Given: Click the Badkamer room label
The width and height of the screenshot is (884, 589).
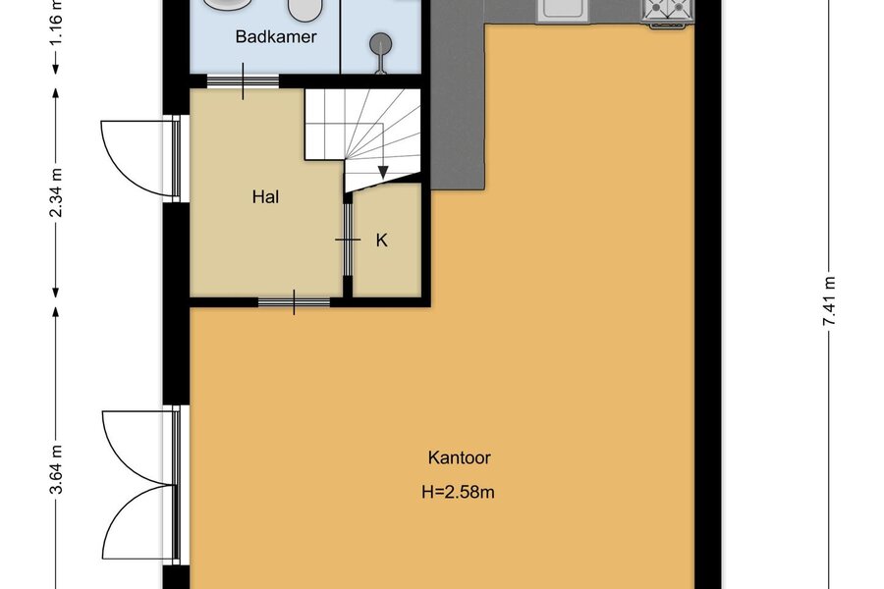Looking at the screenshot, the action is pyautogui.click(x=276, y=37).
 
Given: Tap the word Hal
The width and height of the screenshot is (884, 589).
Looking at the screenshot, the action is pyautogui.click(x=265, y=197).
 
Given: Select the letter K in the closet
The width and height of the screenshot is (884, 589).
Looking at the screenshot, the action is pyautogui.click(x=382, y=241).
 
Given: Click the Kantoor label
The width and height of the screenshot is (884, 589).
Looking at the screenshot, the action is pyautogui.click(x=459, y=457).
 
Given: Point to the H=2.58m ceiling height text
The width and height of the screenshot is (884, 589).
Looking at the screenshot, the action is pyautogui.click(x=458, y=492).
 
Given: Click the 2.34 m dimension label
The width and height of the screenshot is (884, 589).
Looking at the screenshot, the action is pyautogui.click(x=56, y=192).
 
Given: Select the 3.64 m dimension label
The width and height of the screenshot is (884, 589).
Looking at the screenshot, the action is pyautogui.click(x=56, y=469).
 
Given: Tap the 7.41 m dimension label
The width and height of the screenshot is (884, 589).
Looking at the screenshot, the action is pyautogui.click(x=828, y=301).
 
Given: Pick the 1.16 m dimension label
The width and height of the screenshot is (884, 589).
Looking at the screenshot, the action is pyautogui.click(x=56, y=18).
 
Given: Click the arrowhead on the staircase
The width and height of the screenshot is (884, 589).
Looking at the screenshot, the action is pyautogui.click(x=383, y=173).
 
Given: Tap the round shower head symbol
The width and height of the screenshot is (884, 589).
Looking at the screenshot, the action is pyautogui.click(x=380, y=43).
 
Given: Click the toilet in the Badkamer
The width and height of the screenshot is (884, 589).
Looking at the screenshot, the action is pyautogui.click(x=304, y=9).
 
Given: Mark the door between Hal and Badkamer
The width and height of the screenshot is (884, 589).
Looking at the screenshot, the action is pyautogui.click(x=243, y=81).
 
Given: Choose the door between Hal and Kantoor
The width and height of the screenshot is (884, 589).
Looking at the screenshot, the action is pyautogui.click(x=294, y=302).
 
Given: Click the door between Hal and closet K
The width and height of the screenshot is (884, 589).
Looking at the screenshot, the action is pyautogui.click(x=348, y=240).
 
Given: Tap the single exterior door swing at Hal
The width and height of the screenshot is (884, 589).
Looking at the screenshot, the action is pyautogui.click(x=138, y=158).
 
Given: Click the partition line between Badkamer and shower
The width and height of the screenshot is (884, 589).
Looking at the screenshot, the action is pyautogui.click(x=340, y=36).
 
